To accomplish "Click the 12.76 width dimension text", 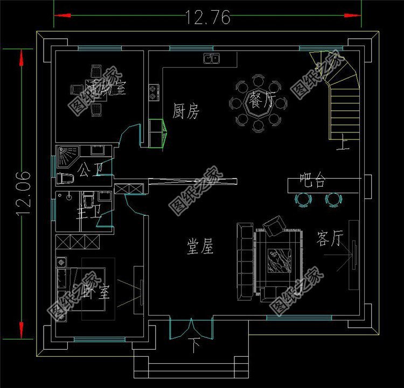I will (208, 17).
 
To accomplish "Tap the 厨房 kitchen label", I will (186, 112).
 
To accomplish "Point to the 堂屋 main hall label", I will (200, 247).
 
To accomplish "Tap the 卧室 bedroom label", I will (97, 292).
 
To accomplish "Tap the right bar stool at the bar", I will (333, 200).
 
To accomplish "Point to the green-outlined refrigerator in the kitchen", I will (157, 132).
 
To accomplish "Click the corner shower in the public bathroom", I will (67, 154).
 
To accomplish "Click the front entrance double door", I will (191, 328).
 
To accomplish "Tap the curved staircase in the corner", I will (340, 91).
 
